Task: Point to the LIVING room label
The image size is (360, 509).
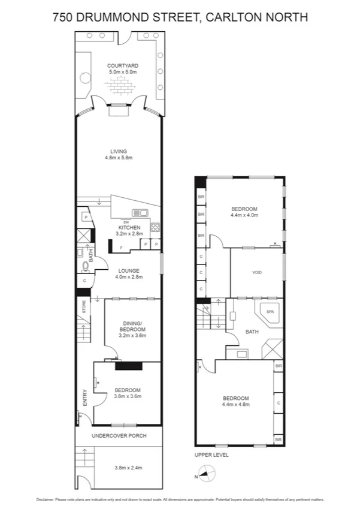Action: tap(118, 151)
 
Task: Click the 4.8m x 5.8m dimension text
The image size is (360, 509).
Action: tap(118, 158)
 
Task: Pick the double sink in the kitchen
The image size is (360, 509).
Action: tap(140, 213)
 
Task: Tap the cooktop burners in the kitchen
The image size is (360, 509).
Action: tap(155, 227)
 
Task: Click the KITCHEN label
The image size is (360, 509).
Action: tap(129, 227)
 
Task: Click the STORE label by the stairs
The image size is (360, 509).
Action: tap(84, 308)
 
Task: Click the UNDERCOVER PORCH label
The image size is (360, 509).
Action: tap(119, 435)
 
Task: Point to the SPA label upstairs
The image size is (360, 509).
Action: tap(270, 312)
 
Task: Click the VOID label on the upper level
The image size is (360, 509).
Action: tap(257, 272)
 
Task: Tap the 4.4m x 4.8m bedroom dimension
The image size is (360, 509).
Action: tap(236, 405)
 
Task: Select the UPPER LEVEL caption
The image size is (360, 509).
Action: tap(211, 454)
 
